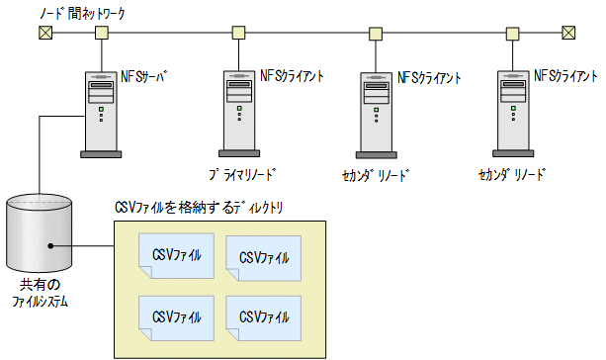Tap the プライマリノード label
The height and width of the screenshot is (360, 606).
(x=243, y=173)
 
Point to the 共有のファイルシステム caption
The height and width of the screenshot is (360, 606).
(x=40, y=292)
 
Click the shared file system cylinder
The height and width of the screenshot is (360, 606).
(x=40, y=234)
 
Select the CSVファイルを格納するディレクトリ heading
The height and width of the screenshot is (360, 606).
(x=197, y=207)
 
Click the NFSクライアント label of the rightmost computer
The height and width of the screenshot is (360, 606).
(x=565, y=76)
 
